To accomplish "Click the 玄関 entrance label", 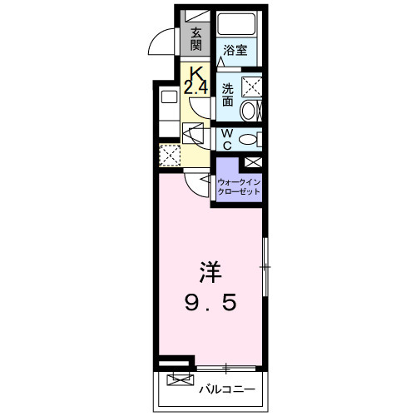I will coord(196,39).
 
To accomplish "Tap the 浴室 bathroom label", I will coord(235,50).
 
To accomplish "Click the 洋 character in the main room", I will coord(209,272).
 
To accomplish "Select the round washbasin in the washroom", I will coord(249,111).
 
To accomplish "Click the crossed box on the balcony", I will coord(179,381).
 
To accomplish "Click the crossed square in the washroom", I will coord(250,86).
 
